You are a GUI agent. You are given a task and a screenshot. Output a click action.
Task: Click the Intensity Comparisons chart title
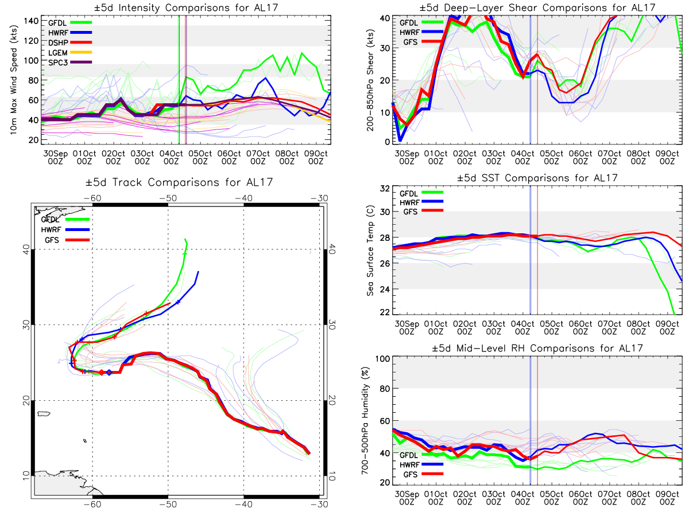pyautogui.click(x=178, y=7)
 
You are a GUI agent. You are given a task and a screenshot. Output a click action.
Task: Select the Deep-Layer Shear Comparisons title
pyautogui.click(x=537, y=7)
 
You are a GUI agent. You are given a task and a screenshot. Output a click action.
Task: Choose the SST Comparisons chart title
pyautogui.click(x=537, y=178)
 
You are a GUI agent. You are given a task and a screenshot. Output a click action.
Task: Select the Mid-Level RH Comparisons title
pyautogui.click(x=537, y=348)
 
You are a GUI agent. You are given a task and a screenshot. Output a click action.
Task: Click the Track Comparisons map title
pyautogui.click(x=177, y=183)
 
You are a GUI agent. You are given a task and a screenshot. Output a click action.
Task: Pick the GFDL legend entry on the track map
pyautogui.click(x=52, y=219)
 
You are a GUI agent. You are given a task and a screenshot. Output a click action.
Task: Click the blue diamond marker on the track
pyautogui.click(x=109, y=373)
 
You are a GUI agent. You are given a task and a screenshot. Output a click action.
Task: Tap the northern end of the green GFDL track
pyautogui.click(x=185, y=239)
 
